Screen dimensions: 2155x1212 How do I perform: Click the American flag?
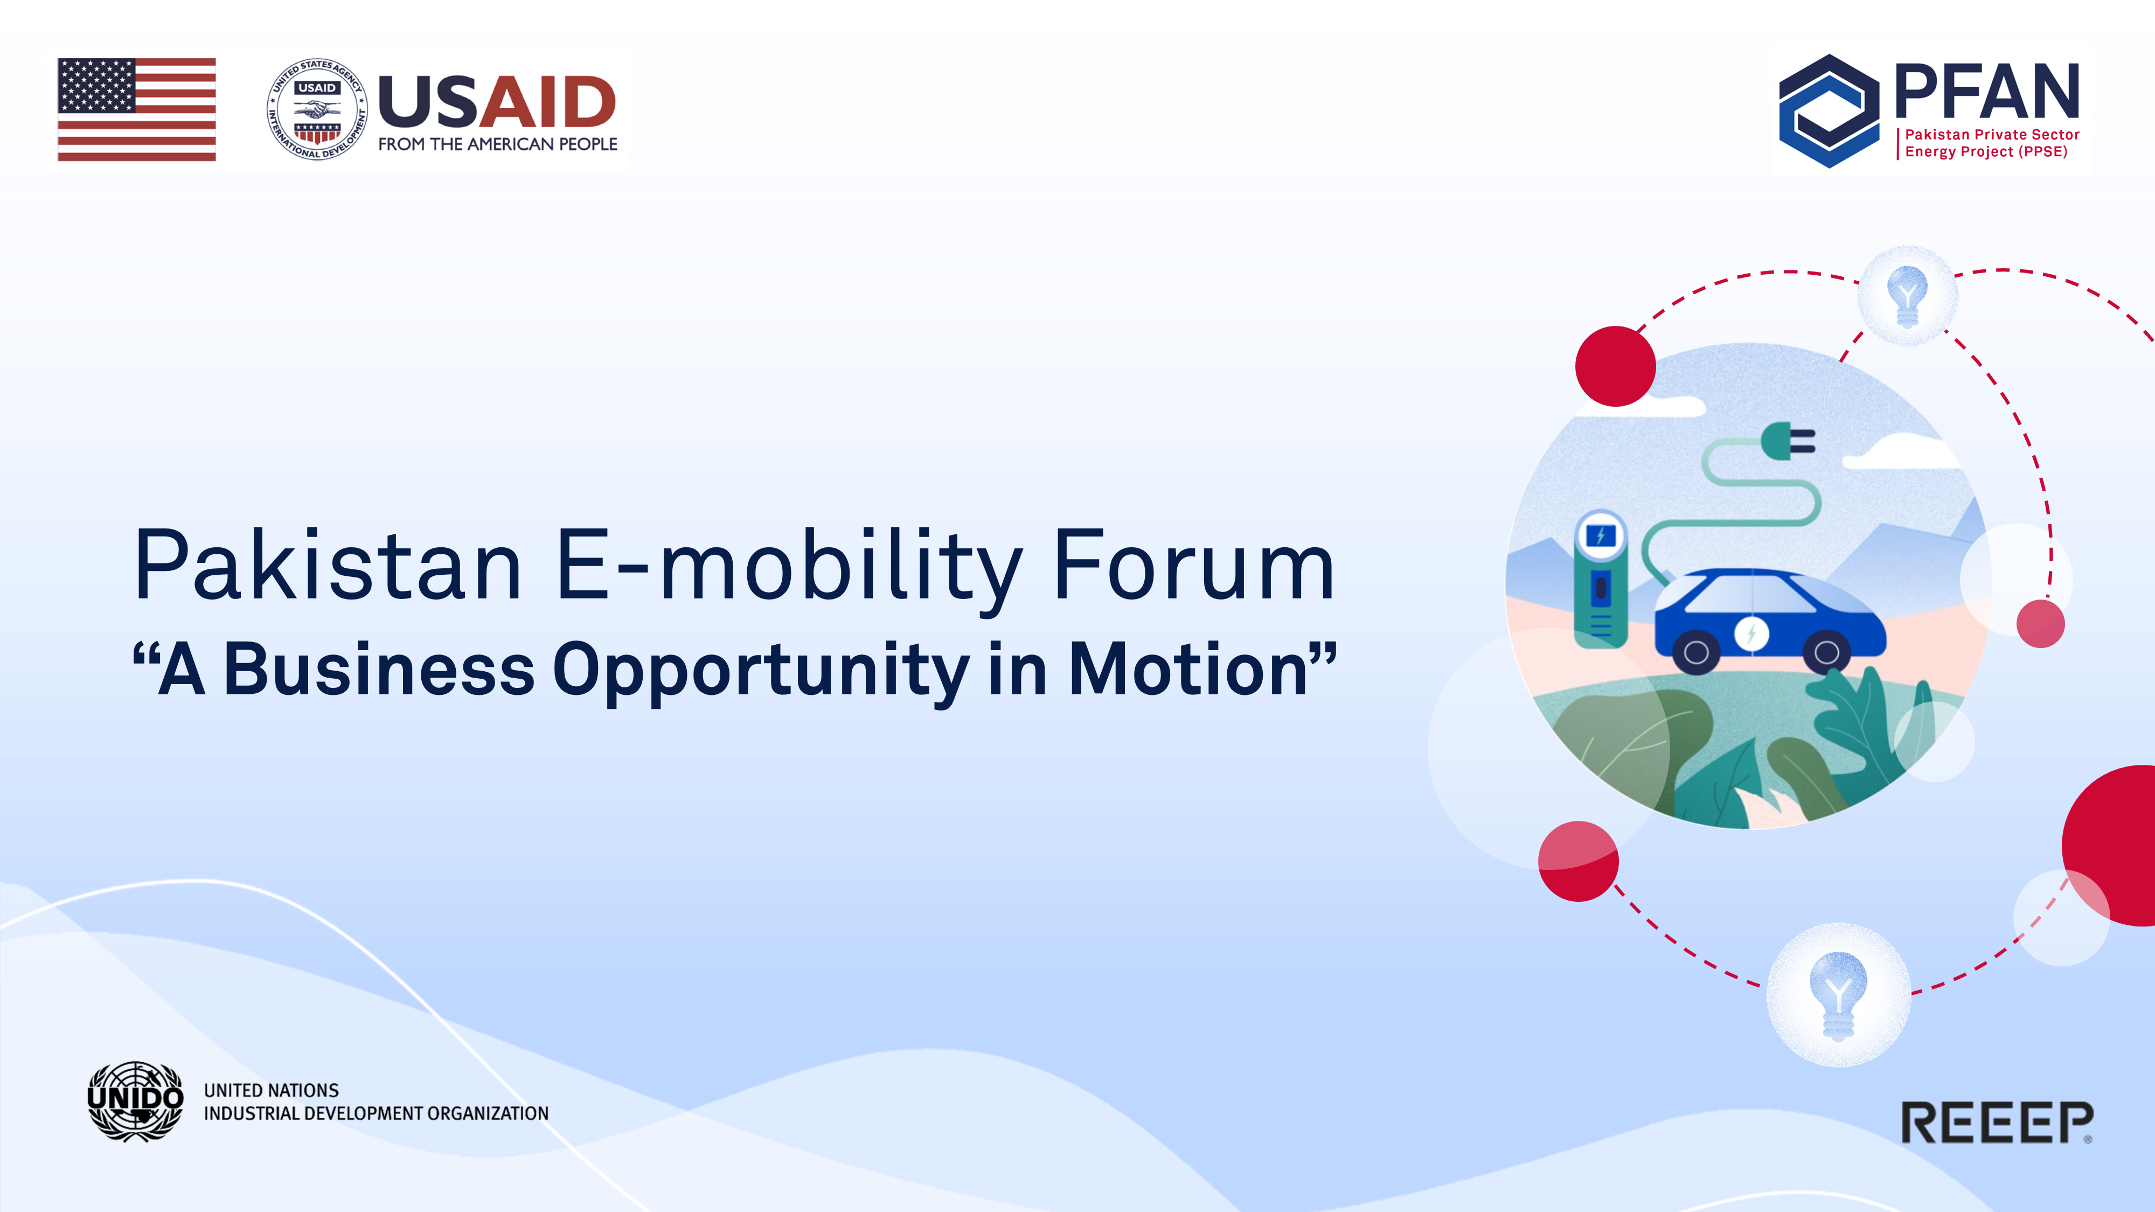click(136, 109)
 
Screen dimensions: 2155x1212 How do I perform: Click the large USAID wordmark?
click(497, 101)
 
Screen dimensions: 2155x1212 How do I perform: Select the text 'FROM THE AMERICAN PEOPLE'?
click(498, 144)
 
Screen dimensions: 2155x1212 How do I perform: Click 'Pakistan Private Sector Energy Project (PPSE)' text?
click(1992, 143)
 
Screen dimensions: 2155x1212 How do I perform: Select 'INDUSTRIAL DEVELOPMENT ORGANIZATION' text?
click(377, 1113)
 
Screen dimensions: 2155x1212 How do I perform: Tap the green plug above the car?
click(1788, 441)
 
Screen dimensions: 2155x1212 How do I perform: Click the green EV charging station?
click(1600, 580)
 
